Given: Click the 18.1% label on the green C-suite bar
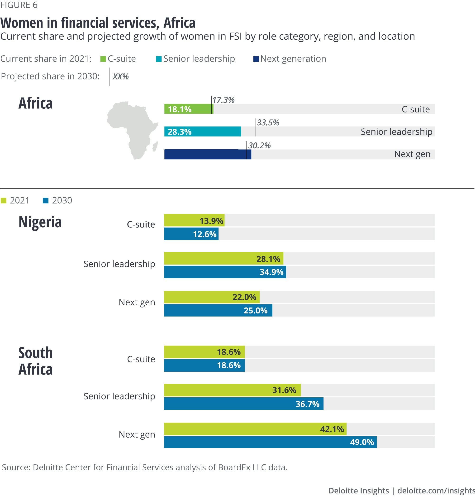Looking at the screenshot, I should coord(179,109).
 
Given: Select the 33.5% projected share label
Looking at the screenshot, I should coord(268,123).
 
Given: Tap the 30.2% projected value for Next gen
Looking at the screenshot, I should coord(259,146).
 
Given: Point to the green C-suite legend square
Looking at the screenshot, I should coord(103,59).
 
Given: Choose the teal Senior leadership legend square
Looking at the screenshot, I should coord(159,59).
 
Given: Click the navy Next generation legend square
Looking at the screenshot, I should coord(256,59).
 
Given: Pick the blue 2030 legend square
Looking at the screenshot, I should coord(46,201).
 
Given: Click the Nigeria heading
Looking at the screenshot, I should coord(40,222).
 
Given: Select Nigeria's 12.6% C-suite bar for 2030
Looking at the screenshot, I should coord(191,234).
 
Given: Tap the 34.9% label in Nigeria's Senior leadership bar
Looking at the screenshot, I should coord(271,272).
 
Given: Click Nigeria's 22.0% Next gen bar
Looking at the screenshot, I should coord(212,297).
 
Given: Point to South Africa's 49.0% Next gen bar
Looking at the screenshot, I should coord(270,442).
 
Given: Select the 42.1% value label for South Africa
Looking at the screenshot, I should coord(332,429).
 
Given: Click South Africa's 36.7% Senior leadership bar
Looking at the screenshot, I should coord(244,404).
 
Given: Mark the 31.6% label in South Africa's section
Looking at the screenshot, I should coord(284,390).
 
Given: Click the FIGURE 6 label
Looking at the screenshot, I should coord(19,5).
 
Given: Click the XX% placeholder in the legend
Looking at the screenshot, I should coord(120,77).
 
